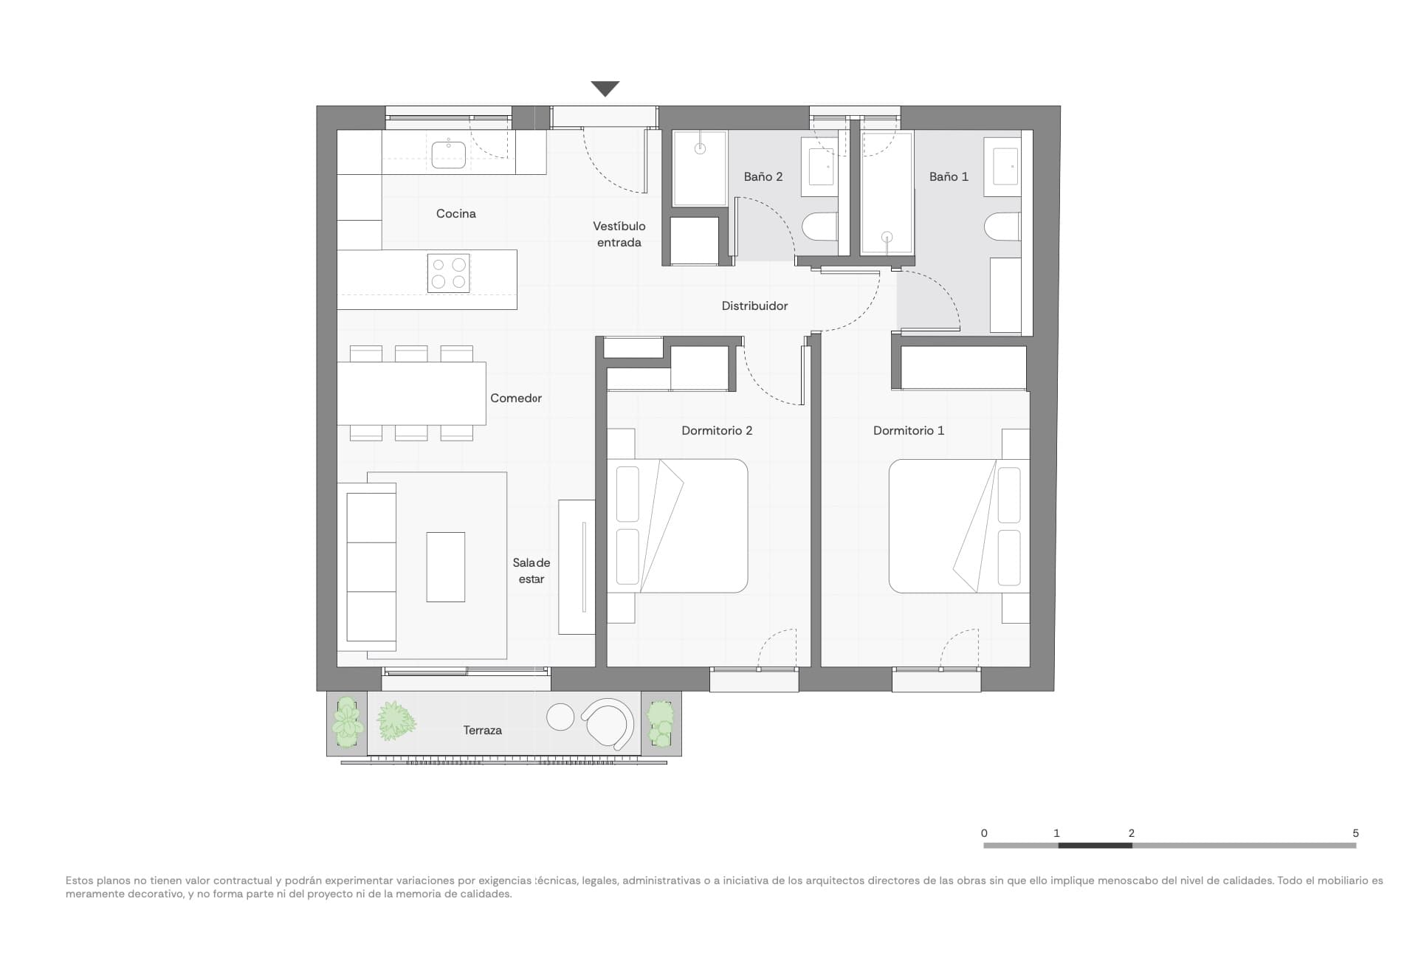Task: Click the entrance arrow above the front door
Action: (605, 89)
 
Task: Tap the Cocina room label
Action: (455, 213)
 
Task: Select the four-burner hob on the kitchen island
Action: (449, 273)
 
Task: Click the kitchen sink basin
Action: (448, 154)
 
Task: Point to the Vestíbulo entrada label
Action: (619, 234)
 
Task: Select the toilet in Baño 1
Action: (1002, 227)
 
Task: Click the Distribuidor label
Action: (754, 306)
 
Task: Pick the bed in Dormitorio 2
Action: (677, 525)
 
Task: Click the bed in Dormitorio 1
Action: (958, 525)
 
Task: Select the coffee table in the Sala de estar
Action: (445, 566)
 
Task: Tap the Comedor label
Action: (515, 398)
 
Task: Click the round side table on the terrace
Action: (560, 716)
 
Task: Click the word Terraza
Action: (482, 730)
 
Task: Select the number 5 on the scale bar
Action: (1355, 832)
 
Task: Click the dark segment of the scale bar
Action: (1094, 845)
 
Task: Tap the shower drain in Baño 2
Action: (700, 148)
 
